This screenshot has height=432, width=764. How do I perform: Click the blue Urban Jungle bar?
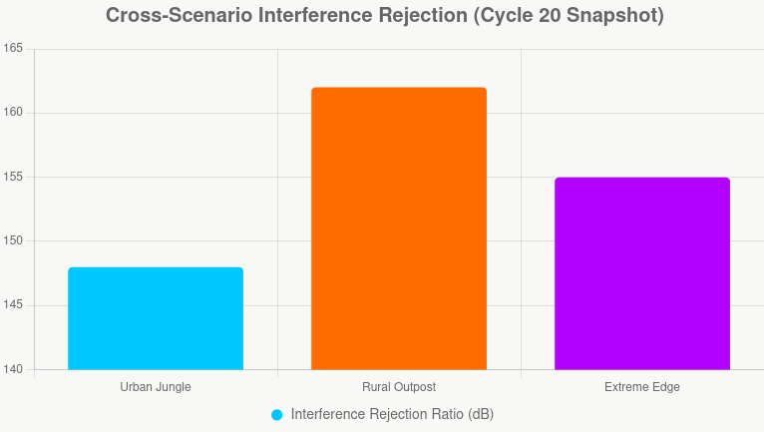click(156, 318)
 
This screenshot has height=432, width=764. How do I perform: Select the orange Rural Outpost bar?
click(399, 228)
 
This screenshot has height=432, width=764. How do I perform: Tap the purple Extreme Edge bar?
click(642, 273)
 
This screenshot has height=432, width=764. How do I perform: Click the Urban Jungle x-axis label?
click(156, 387)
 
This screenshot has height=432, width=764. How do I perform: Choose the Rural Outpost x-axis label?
click(399, 387)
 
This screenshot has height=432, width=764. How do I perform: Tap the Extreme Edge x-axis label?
click(642, 387)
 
